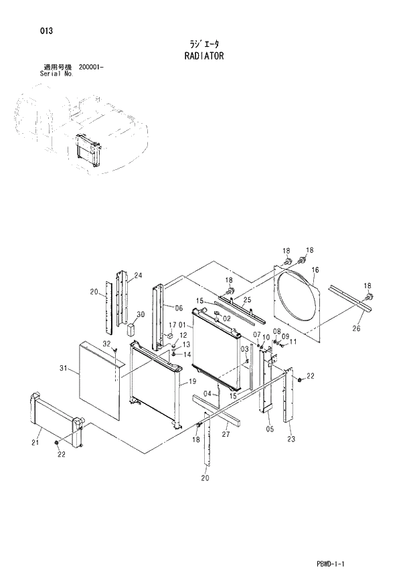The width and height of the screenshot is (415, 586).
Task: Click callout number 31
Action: (x=64, y=368)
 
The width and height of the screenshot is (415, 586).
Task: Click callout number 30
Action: (x=141, y=314)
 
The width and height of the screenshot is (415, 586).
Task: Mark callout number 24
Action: (x=139, y=276)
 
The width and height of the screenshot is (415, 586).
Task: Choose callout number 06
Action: (x=179, y=308)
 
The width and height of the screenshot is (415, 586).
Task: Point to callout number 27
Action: (x=226, y=434)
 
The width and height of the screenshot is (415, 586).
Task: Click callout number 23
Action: (x=291, y=439)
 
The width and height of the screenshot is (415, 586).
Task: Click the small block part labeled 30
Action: (x=131, y=329)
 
